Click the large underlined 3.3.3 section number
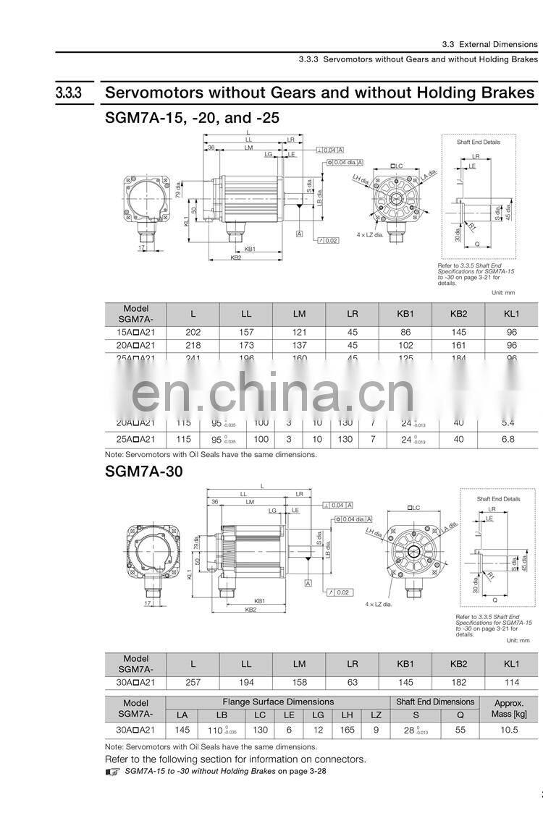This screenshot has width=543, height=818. click(69, 93)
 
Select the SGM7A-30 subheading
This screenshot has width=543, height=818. click(144, 472)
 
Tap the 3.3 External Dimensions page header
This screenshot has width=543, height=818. click(490, 44)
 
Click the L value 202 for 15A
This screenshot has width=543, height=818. click(193, 333)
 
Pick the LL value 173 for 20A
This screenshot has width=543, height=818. click(246, 346)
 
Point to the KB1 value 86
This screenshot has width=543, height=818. click(405, 333)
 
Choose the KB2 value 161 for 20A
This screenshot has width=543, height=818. click(458, 346)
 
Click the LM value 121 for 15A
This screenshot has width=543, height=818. click(299, 333)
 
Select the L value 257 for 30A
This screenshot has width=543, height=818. click(193, 682)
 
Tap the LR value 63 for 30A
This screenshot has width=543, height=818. click(353, 682)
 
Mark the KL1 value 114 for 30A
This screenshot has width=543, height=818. click(511, 682)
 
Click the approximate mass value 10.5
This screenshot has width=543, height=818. click(509, 730)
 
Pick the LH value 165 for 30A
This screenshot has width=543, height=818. click(348, 730)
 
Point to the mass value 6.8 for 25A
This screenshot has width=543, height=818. click(509, 439)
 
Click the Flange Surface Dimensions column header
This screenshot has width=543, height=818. click(278, 702)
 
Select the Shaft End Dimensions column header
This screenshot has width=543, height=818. click(435, 702)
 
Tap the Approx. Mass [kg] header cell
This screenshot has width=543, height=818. click(509, 708)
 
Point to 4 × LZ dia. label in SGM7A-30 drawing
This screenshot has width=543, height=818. click(379, 604)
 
